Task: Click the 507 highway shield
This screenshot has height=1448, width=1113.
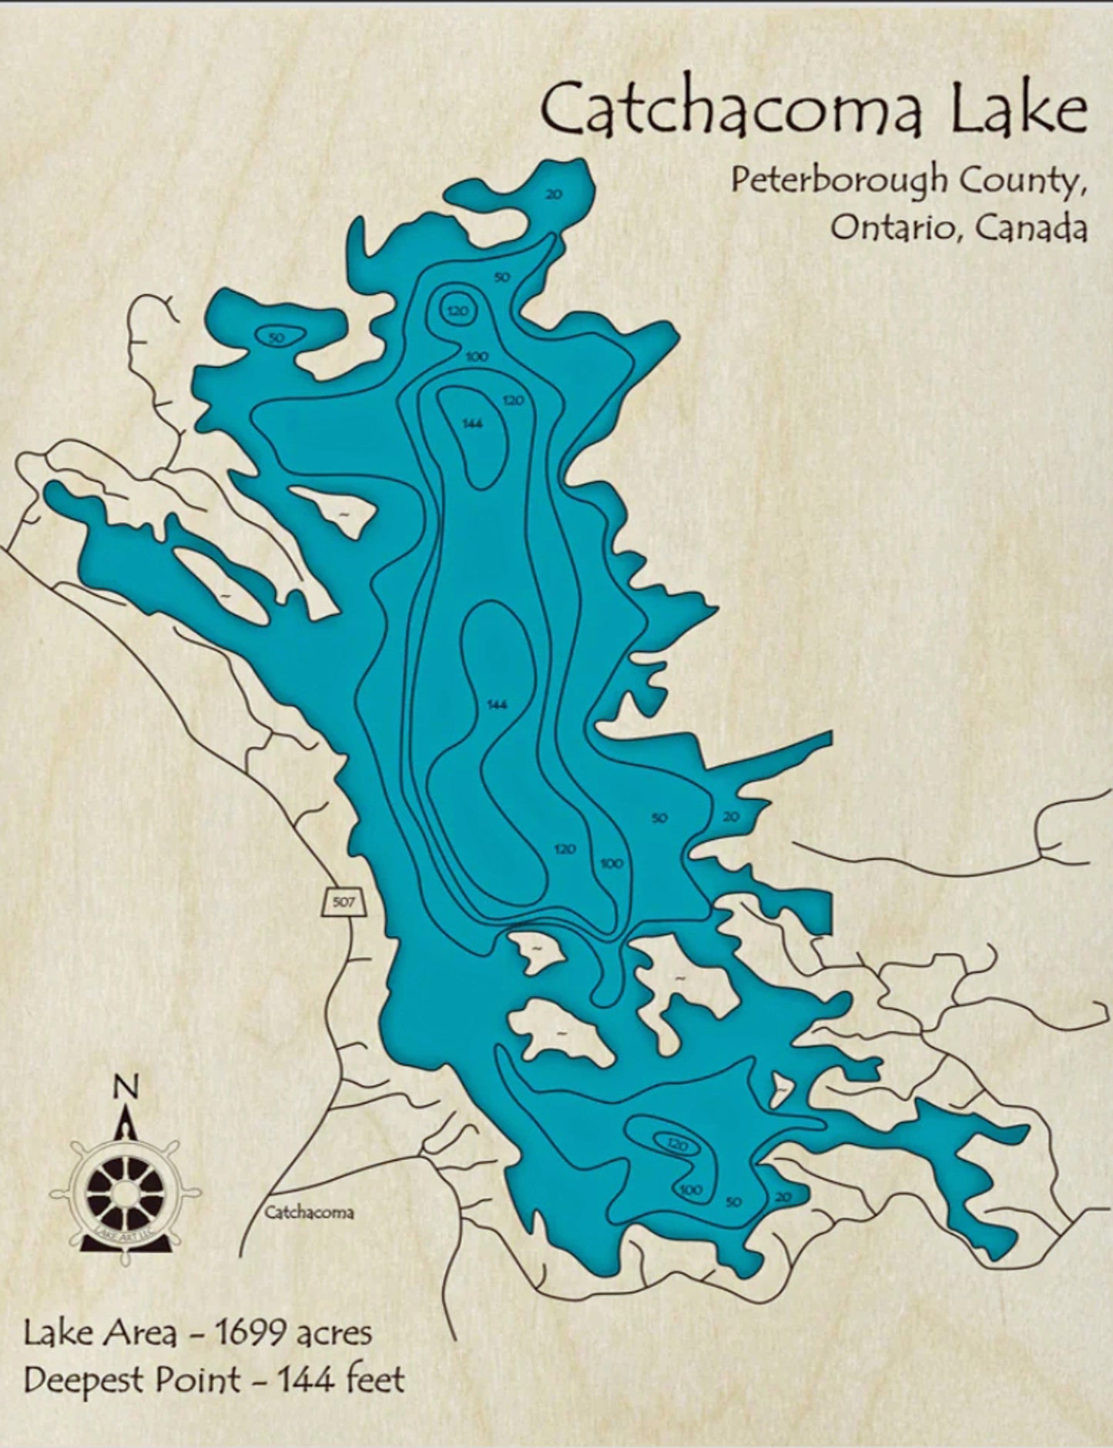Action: (342, 901)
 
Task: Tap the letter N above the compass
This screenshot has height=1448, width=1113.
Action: (126, 1088)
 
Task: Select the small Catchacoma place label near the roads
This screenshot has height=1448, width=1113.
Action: (309, 1213)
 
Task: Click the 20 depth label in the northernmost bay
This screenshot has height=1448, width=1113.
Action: (554, 195)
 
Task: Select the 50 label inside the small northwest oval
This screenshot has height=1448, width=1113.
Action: (277, 337)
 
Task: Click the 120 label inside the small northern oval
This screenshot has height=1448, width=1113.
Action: (458, 311)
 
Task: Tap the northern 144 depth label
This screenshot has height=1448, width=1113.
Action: (472, 423)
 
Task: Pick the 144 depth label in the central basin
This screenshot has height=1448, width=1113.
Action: (497, 704)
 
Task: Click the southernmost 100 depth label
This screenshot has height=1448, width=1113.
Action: (691, 1190)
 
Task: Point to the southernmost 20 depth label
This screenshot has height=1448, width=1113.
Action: (783, 1197)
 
